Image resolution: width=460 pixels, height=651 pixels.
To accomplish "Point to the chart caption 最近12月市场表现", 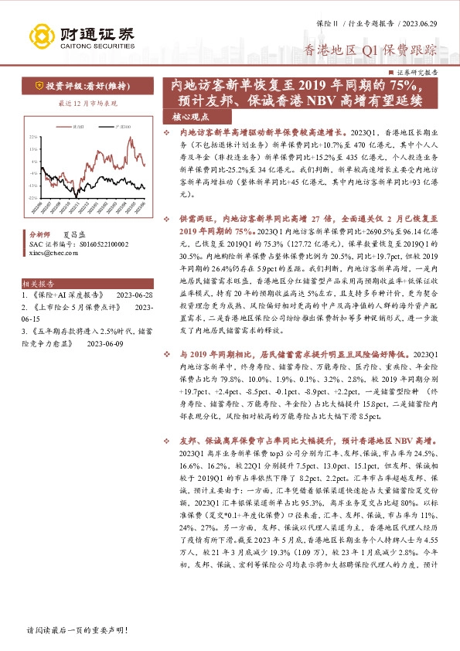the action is click(x=87, y=103).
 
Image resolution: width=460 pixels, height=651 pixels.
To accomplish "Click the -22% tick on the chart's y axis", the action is click(x=32, y=197).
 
